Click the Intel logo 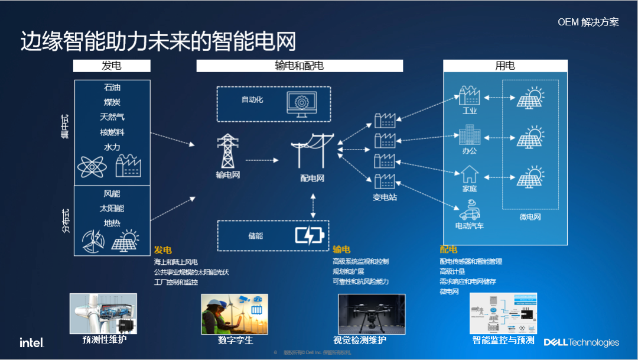point(31,342)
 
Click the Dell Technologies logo point(581,342)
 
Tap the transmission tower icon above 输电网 point(227,151)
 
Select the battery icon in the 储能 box point(310,235)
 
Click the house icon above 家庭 point(470,174)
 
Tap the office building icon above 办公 point(470,135)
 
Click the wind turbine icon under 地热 point(94,240)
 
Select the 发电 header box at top point(112,66)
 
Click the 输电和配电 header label point(300,66)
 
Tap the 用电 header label point(505,66)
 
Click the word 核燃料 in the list point(112,132)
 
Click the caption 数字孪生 point(235,340)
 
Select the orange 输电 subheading point(341,249)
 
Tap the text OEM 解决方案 point(588,22)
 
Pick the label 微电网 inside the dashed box point(530,217)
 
